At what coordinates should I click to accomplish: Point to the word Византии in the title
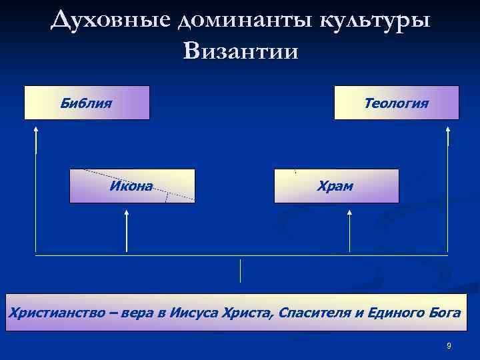click(x=240, y=51)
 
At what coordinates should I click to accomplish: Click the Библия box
click(x=87, y=103)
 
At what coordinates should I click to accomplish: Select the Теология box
click(x=396, y=103)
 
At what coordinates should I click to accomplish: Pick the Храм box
click(x=336, y=186)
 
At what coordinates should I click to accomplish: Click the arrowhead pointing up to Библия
click(x=36, y=132)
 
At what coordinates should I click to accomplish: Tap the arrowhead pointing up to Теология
click(x=448, y=132)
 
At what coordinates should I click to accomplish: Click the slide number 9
click(x=449, y=345)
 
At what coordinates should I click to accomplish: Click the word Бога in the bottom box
click(x=445, y=313)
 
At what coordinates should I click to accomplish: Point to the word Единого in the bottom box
click(x=397, y=313)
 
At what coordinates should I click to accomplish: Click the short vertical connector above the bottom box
click(x=240, y=271)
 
